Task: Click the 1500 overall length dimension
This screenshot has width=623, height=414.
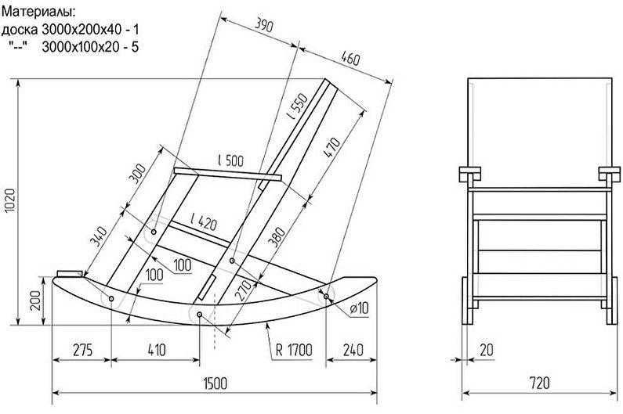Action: click(216, 383)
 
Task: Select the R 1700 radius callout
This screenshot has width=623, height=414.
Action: click(294, 351)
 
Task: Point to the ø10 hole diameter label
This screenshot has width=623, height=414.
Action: click(360, 308)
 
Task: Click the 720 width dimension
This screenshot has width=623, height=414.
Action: click(539, 383)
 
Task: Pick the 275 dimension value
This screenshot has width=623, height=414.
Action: click(82, 350)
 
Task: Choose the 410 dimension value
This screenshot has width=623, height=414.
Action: click(157, 350)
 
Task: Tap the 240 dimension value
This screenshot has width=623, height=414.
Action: click(353, 350)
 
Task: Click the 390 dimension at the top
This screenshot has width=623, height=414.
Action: click(263, 25)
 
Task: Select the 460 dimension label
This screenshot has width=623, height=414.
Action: click(350, 59)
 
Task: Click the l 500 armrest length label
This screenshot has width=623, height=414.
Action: click(231, 160)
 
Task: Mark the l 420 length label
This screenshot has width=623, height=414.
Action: click(204, 222)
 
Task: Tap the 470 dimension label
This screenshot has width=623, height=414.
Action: click(332, 148)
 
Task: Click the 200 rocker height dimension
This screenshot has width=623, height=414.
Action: click(36, 301)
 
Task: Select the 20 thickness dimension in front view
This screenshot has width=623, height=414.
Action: click(487, 350)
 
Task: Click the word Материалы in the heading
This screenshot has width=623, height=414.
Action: click(38, 12)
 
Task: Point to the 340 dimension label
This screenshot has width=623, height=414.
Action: click(98, 236)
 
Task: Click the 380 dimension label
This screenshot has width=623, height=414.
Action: click(277, 236)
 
